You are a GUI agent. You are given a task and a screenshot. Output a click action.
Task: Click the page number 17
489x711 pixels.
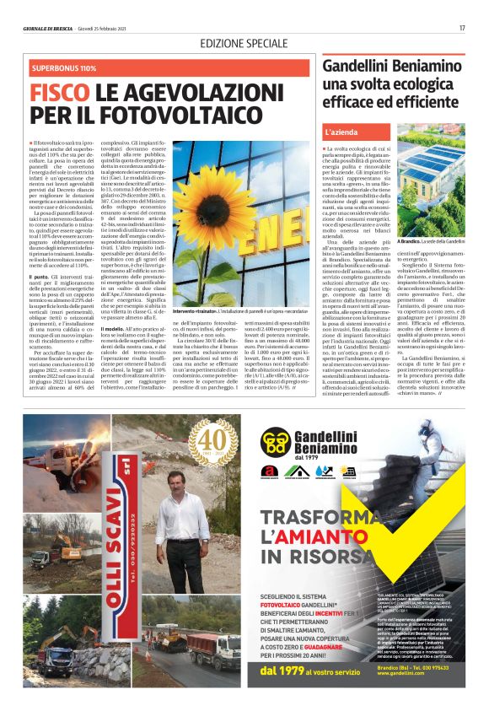click(462, 28)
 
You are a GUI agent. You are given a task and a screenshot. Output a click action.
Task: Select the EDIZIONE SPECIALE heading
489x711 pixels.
click(244, 43)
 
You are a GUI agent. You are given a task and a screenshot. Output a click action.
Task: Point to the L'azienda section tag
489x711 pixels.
click(340, 132)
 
